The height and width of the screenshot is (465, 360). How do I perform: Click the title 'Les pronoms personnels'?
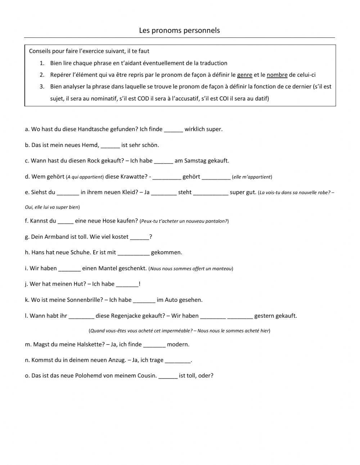(179, 31)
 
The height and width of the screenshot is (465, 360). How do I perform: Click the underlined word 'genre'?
(244, 75)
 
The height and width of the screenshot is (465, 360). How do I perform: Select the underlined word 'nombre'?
(277, 75)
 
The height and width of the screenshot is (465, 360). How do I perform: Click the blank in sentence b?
(110, 146)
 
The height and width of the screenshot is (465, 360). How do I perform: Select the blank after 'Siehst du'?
(68, 193)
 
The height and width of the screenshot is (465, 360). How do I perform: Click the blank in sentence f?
(66, 221)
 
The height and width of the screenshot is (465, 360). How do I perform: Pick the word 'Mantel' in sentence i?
(108, 268)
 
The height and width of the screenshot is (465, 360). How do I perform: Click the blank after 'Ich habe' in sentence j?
(127, 284)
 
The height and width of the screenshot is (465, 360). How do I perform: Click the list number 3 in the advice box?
(42, 87)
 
